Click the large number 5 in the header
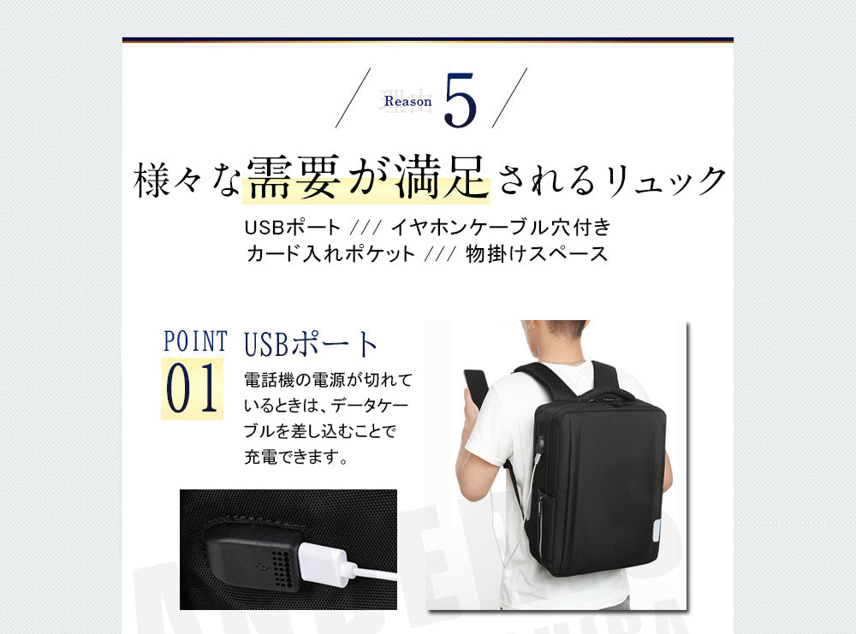(460, 101)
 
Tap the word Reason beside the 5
(408, 101)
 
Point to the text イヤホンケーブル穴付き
(501, 228)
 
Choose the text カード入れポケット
(330, 254)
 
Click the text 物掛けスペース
(537, 254)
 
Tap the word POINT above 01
(195, 341)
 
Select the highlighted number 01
(192, 389)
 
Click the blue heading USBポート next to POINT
(311, 344)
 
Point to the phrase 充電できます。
(296, 457)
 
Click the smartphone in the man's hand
(475, 387)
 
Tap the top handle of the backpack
(606, 394)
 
